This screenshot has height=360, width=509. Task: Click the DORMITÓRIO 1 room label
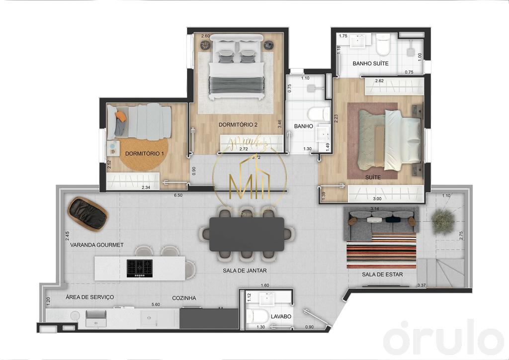tap(144, 154)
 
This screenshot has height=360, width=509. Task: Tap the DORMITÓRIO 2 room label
tap(238, 124)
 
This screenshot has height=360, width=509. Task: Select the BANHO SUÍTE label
tap(370, 64)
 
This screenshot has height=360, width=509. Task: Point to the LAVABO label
tap(281, 316)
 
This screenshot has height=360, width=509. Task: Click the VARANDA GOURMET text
tap(96, 245)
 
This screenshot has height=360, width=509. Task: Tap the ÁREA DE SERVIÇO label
tap(90, 297)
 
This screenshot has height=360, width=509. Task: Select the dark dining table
tap(247, 234)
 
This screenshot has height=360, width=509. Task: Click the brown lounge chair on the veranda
tap(88, 213)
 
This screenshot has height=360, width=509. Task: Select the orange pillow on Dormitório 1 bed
tap(120, 116)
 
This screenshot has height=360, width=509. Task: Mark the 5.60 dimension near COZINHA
tap(156, 305)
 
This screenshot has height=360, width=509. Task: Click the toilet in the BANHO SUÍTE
tap(383, 46)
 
